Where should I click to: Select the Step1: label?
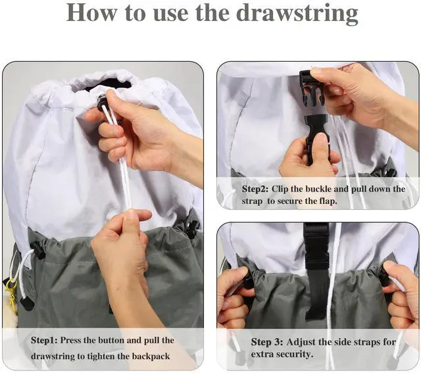pos(44,341)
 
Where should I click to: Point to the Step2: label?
pos(255,189)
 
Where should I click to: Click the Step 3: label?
pos(267,342)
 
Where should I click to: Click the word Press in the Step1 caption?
pos(70,340)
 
